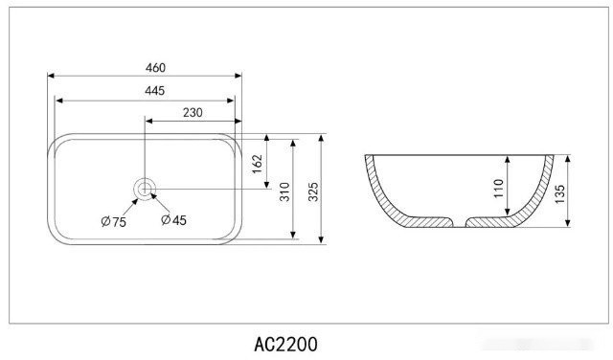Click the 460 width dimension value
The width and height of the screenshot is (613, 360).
click(155, 67)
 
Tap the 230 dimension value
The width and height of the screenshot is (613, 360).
click(192, 112)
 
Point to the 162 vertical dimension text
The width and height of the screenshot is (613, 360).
click(257, 163)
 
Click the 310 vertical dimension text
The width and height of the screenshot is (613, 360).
click(284, 192)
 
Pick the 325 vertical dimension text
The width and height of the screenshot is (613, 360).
click(312, 191)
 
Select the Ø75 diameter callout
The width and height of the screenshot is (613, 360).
click(113, 221)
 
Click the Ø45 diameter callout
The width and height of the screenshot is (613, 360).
click(173, 220)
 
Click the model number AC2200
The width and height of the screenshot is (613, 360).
click(285, 343)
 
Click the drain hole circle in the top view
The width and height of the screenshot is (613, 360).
click(144, 189)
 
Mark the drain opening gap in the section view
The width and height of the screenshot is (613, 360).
click(458, 224)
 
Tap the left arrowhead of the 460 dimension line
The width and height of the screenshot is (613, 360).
click(52, 76)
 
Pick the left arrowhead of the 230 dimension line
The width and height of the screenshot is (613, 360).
click(148, 120)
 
